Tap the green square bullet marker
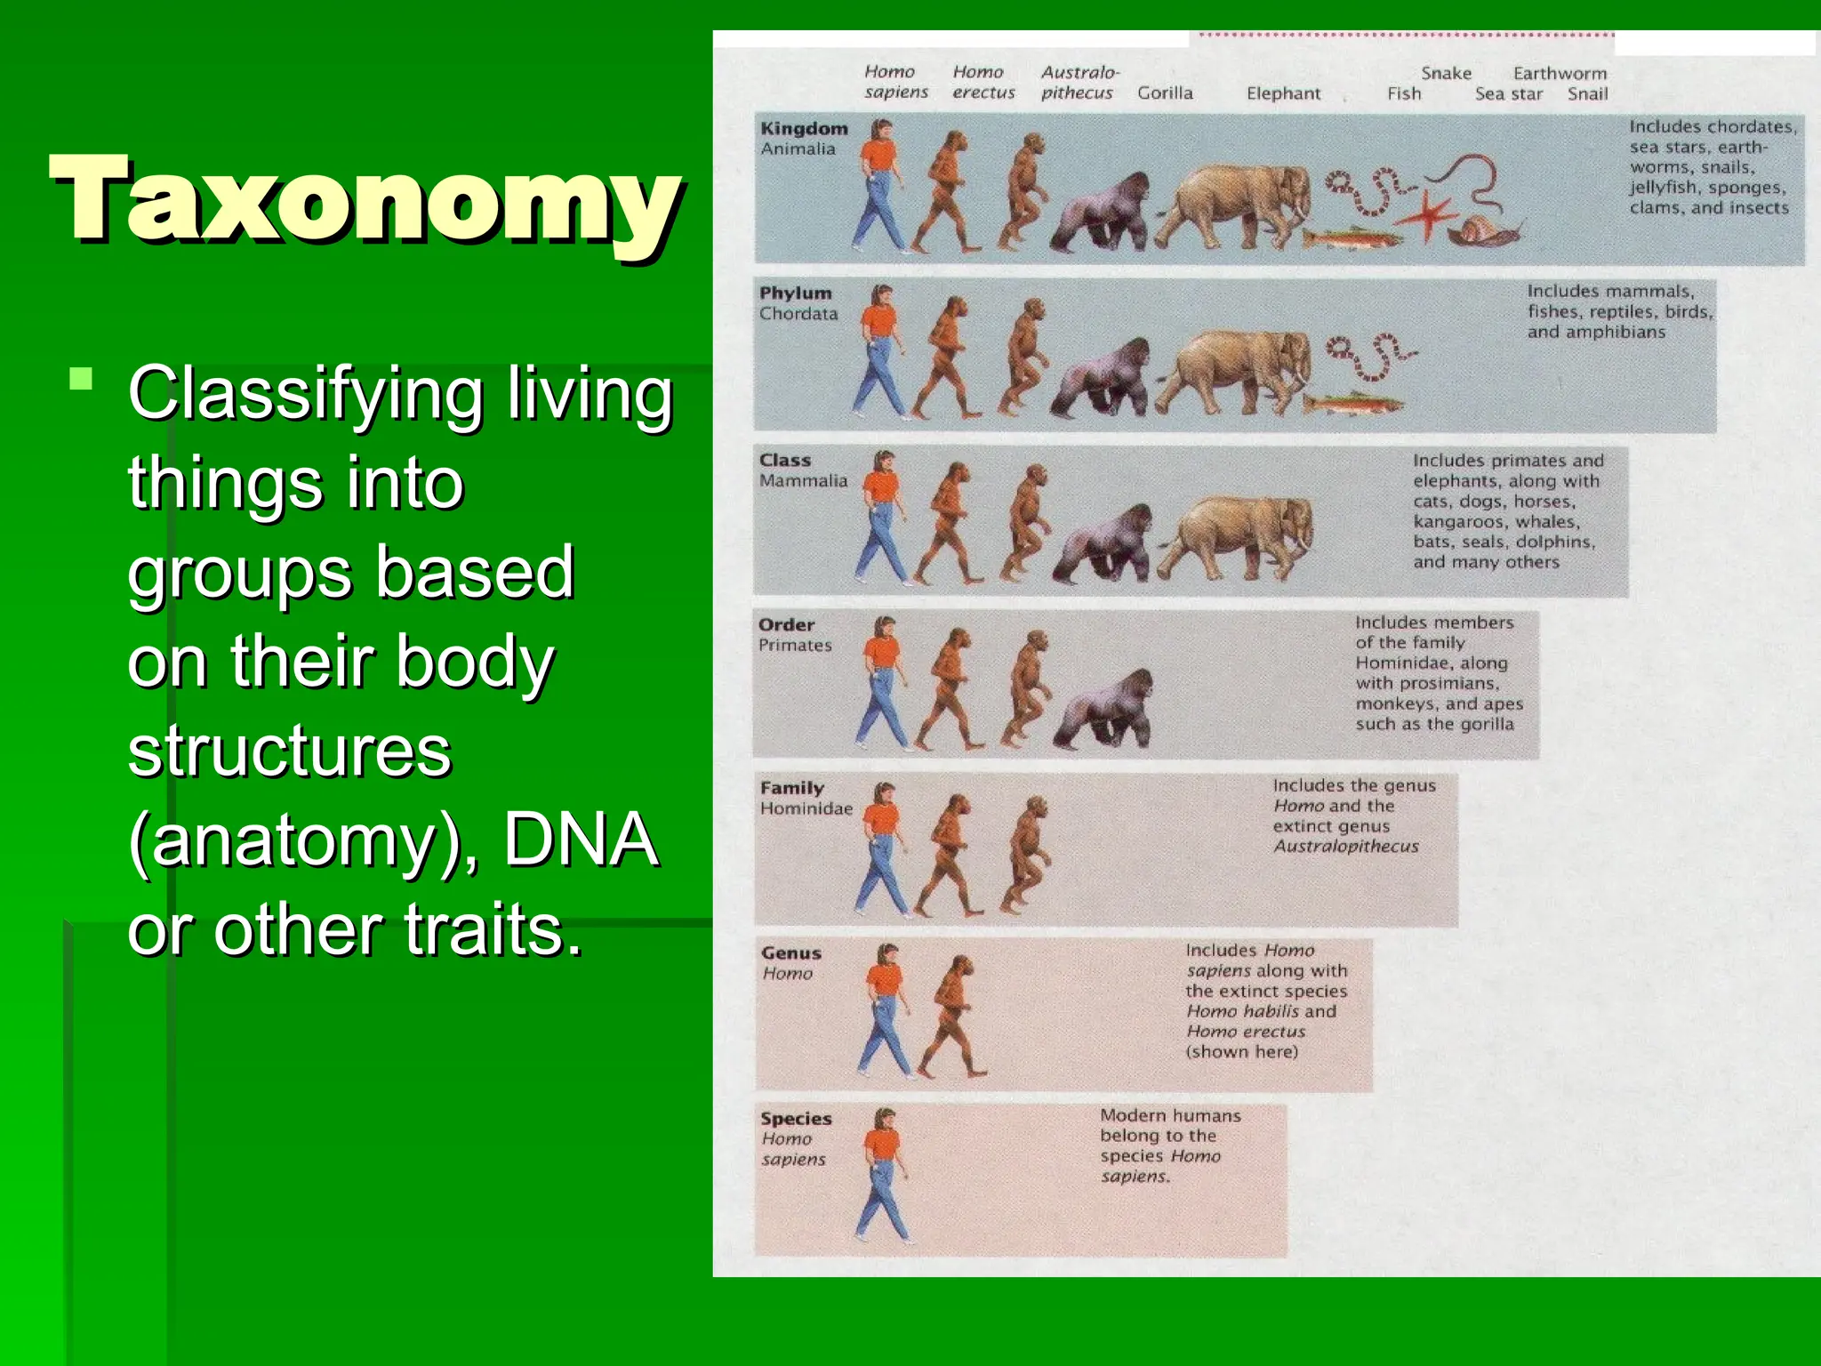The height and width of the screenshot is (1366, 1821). tap(81, 380)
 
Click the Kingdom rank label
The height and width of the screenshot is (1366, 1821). tap(804, 128)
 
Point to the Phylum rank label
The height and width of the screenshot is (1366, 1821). tap(795, 293)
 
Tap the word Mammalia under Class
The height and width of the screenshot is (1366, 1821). tap(803, 481)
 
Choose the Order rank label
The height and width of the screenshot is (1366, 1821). tap(786, 624)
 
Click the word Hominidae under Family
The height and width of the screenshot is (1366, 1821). tap(806, 808)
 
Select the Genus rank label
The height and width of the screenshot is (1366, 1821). tap(790, 952)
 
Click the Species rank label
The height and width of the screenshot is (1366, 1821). tap(796, 1118)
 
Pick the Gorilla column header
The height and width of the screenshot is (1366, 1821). tap(1165, 92)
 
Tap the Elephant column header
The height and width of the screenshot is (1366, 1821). tap(1283, 93)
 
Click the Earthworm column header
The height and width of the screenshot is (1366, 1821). tap(1560, 73)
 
